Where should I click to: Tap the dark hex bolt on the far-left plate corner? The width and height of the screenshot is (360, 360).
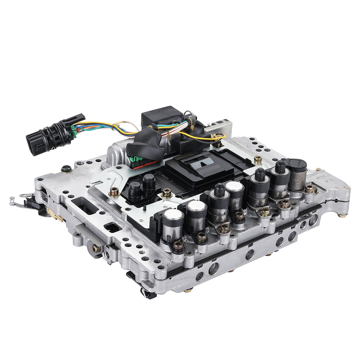tap(66, 169)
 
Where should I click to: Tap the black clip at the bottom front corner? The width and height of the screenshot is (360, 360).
tap(148, 294)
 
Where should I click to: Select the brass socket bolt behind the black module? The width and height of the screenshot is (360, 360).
tap(258, 159)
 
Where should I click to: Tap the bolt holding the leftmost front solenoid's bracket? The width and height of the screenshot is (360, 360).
tap(178, 246)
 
